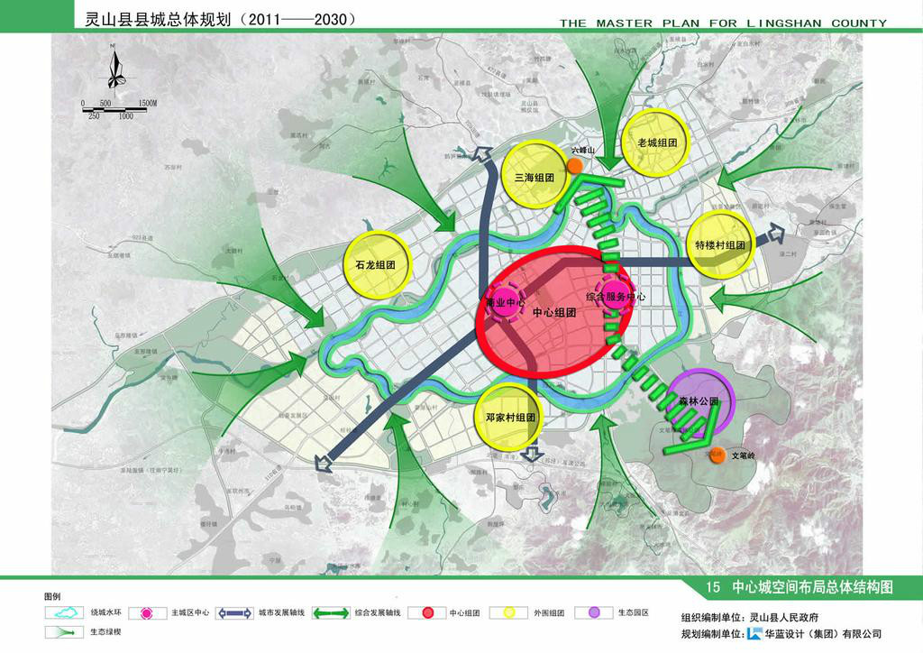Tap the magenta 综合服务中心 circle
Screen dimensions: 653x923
[616, 297]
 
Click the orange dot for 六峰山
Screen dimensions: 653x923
[575, 165]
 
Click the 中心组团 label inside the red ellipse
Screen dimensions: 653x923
[553, 313]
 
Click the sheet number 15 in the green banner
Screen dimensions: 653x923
[713, 587]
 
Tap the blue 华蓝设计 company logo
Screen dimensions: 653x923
[754, 634]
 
